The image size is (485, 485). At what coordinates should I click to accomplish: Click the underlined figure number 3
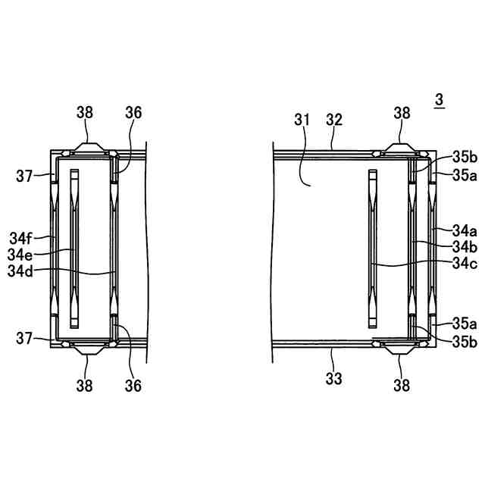click(x=440, y=100)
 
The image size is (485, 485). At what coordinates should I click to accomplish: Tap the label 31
click(x=302, y=120)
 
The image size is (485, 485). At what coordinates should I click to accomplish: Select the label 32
click(x=334, y=120)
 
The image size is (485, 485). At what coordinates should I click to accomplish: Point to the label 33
click(x=333, y=379)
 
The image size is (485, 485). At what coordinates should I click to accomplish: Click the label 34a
click(x=465, y=231)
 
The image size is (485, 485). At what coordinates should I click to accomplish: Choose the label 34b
click(x=465, y=247)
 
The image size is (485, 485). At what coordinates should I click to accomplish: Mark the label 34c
click(x=465, y=264)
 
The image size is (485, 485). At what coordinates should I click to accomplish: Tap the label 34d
click(x=20, y=271)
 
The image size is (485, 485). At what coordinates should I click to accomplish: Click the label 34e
click(x=20, y=255)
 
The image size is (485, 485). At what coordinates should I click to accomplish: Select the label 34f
click(x=20, y=239)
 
